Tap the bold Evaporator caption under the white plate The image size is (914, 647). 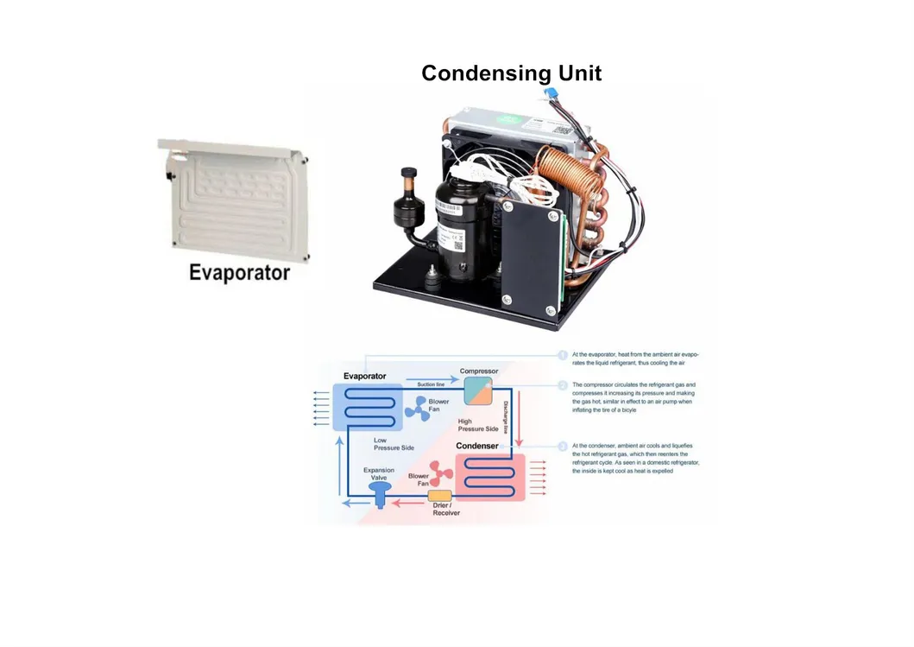tap(239, 273)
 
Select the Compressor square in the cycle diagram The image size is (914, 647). tap(477, 391)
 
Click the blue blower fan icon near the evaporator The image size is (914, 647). tap(417, 409)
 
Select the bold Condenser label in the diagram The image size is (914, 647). tap(477, 446)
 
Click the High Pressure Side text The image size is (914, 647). tap(477, 425)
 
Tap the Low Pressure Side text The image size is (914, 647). tap(394, 444)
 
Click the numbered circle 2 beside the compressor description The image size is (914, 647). tap(562, 384)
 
